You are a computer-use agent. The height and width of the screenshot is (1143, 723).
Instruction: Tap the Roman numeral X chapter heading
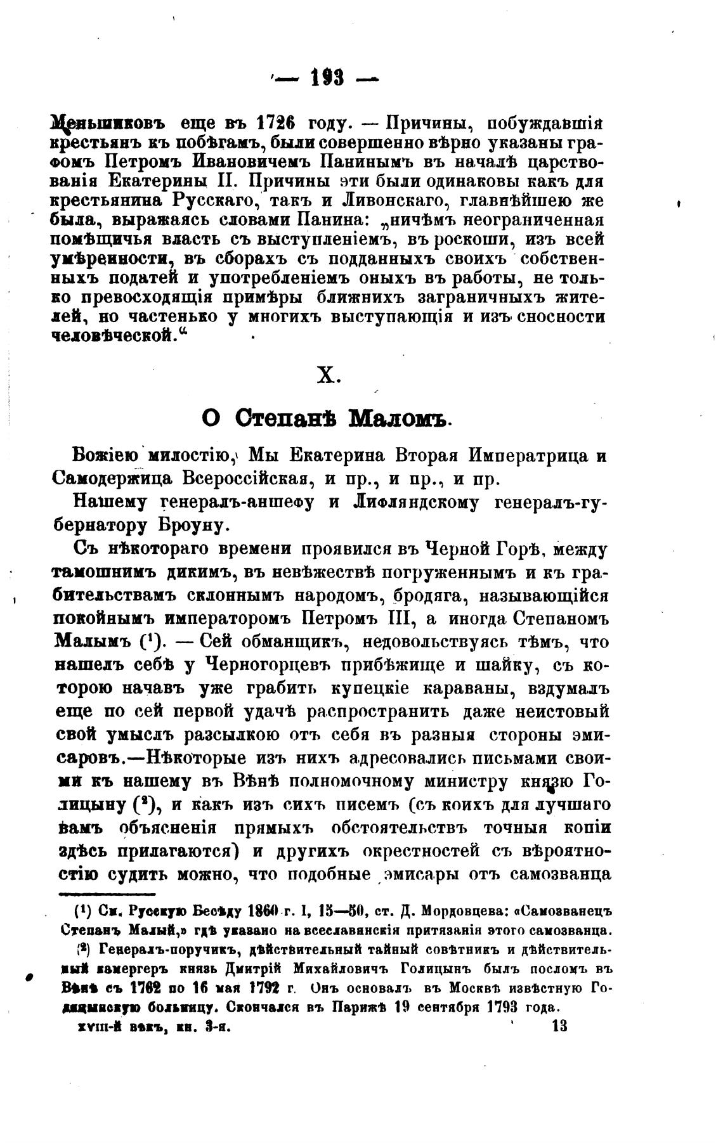click(329, 376)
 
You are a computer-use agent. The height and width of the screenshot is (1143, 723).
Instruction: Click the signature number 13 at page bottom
click(559, 1026)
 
